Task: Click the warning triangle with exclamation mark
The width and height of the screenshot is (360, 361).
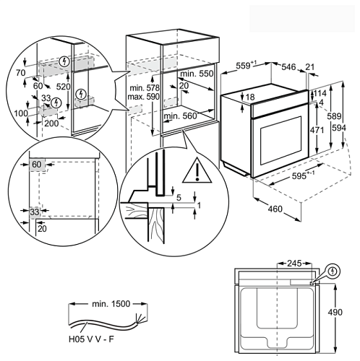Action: (197, 171)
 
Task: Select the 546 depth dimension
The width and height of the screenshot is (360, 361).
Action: (288, 67)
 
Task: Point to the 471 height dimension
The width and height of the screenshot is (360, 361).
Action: (317, 130)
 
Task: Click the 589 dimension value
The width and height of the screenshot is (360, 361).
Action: (334, 116)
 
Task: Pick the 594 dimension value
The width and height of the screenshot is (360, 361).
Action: (339, 128)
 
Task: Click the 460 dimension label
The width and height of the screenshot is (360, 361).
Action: (275, 209)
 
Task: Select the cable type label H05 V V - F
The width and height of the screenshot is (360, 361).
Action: (91, 339)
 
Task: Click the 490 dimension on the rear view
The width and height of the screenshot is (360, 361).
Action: (335, 312)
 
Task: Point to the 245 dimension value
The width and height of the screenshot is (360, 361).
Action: (294, 264)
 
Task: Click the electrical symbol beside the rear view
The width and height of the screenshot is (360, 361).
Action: (333, 271)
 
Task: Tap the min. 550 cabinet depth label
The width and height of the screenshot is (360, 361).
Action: (197, 74)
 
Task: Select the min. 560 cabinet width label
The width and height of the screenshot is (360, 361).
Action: (181, 116)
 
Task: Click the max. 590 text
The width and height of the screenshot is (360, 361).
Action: (143, 97)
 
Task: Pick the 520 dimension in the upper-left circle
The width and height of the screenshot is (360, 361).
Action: (63, 87)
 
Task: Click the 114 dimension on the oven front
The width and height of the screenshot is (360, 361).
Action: (320, 93)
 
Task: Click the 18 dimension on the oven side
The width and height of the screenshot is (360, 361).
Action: (250, 97)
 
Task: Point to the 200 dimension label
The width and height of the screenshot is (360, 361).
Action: (51, 123)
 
